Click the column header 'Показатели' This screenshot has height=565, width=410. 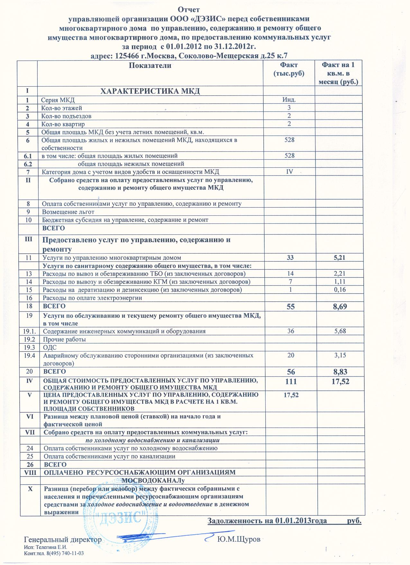(x=150, y=66)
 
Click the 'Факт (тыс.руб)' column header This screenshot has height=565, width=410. (x=289, y=69)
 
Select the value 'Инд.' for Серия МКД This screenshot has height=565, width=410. (x=289, y=100)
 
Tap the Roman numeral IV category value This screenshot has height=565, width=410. (x=289, y=172)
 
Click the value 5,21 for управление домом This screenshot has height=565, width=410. (x=338, y=258)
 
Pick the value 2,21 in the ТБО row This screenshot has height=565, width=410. (x=338, y=274)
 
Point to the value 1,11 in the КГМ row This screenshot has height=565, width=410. (x=338, y=282)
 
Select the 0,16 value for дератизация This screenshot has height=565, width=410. (x=338, y=290)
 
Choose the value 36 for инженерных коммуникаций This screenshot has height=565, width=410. (x=290, y=331)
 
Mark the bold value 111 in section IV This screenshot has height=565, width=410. (x=290, y=381)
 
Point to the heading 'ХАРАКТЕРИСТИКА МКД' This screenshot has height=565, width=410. (x=150, y=91)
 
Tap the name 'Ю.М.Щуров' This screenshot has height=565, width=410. (x=238, y=539)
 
